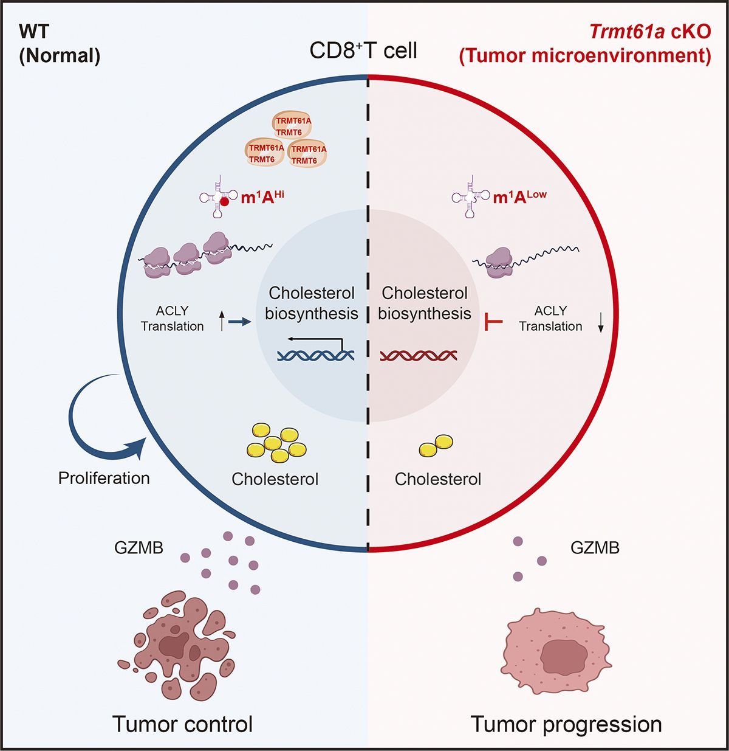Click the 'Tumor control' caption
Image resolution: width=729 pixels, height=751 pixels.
click(x=182, y=724)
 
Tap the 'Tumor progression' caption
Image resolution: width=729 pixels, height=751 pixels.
click(x=566, y=724)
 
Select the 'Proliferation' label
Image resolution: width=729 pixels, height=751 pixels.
click(x=104, y=478)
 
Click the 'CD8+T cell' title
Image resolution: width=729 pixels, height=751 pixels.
click(x=364, y=50)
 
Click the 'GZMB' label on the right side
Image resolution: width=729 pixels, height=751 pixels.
click(x=595, y=548)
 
